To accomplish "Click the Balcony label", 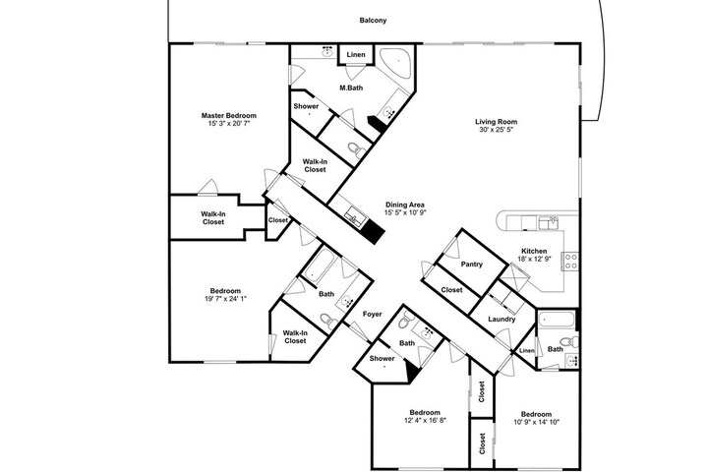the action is tap(373, 21).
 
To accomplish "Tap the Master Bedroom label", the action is tap(229, 116).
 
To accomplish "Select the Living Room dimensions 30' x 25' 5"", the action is tap(497, 130).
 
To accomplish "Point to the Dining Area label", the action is tap(404, 205).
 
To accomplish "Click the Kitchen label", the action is tap(534, 251).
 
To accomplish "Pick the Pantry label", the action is tap(472, 265).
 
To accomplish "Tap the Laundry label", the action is tap(501, 319).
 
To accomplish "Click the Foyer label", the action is tap(373, 314).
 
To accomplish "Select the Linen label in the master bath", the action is tap(356, 55).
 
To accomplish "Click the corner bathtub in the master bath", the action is tap(394, 62).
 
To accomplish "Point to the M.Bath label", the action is tap(351, 88).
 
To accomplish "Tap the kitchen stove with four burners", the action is tap(570, 261).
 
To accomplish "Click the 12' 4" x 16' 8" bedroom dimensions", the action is tap(425, 421).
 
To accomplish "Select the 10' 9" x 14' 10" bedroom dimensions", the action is tap(537, 422).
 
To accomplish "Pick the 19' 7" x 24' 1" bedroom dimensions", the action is tap(225, 299).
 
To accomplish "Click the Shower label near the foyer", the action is tap(382, 359).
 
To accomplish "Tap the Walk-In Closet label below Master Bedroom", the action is tap(213, 218).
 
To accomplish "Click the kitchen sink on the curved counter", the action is tap(549, 222).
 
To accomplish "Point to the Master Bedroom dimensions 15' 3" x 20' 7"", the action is tap(229, 123).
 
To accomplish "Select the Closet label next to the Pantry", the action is tap(451, 289).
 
